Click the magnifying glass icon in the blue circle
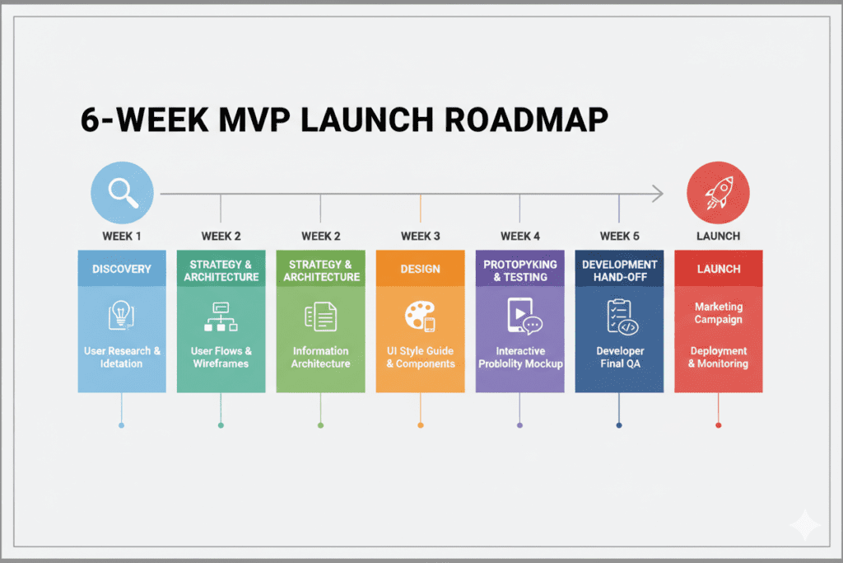tap(122, 193)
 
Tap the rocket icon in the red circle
tap(718, 193)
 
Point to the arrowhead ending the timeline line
tap(657, 194)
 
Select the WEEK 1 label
tap(122, 236)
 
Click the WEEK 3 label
tap(420, 236)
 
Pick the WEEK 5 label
tap(619, 236)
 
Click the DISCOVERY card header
tap(122, 269)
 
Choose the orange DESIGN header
tap(420, 269)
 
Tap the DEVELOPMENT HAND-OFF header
tap(619, 270)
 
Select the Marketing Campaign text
tap(718, 313)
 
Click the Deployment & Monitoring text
tap(718, 357)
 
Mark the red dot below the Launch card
tap(718, 425)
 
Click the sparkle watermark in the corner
tap(804, 526)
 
